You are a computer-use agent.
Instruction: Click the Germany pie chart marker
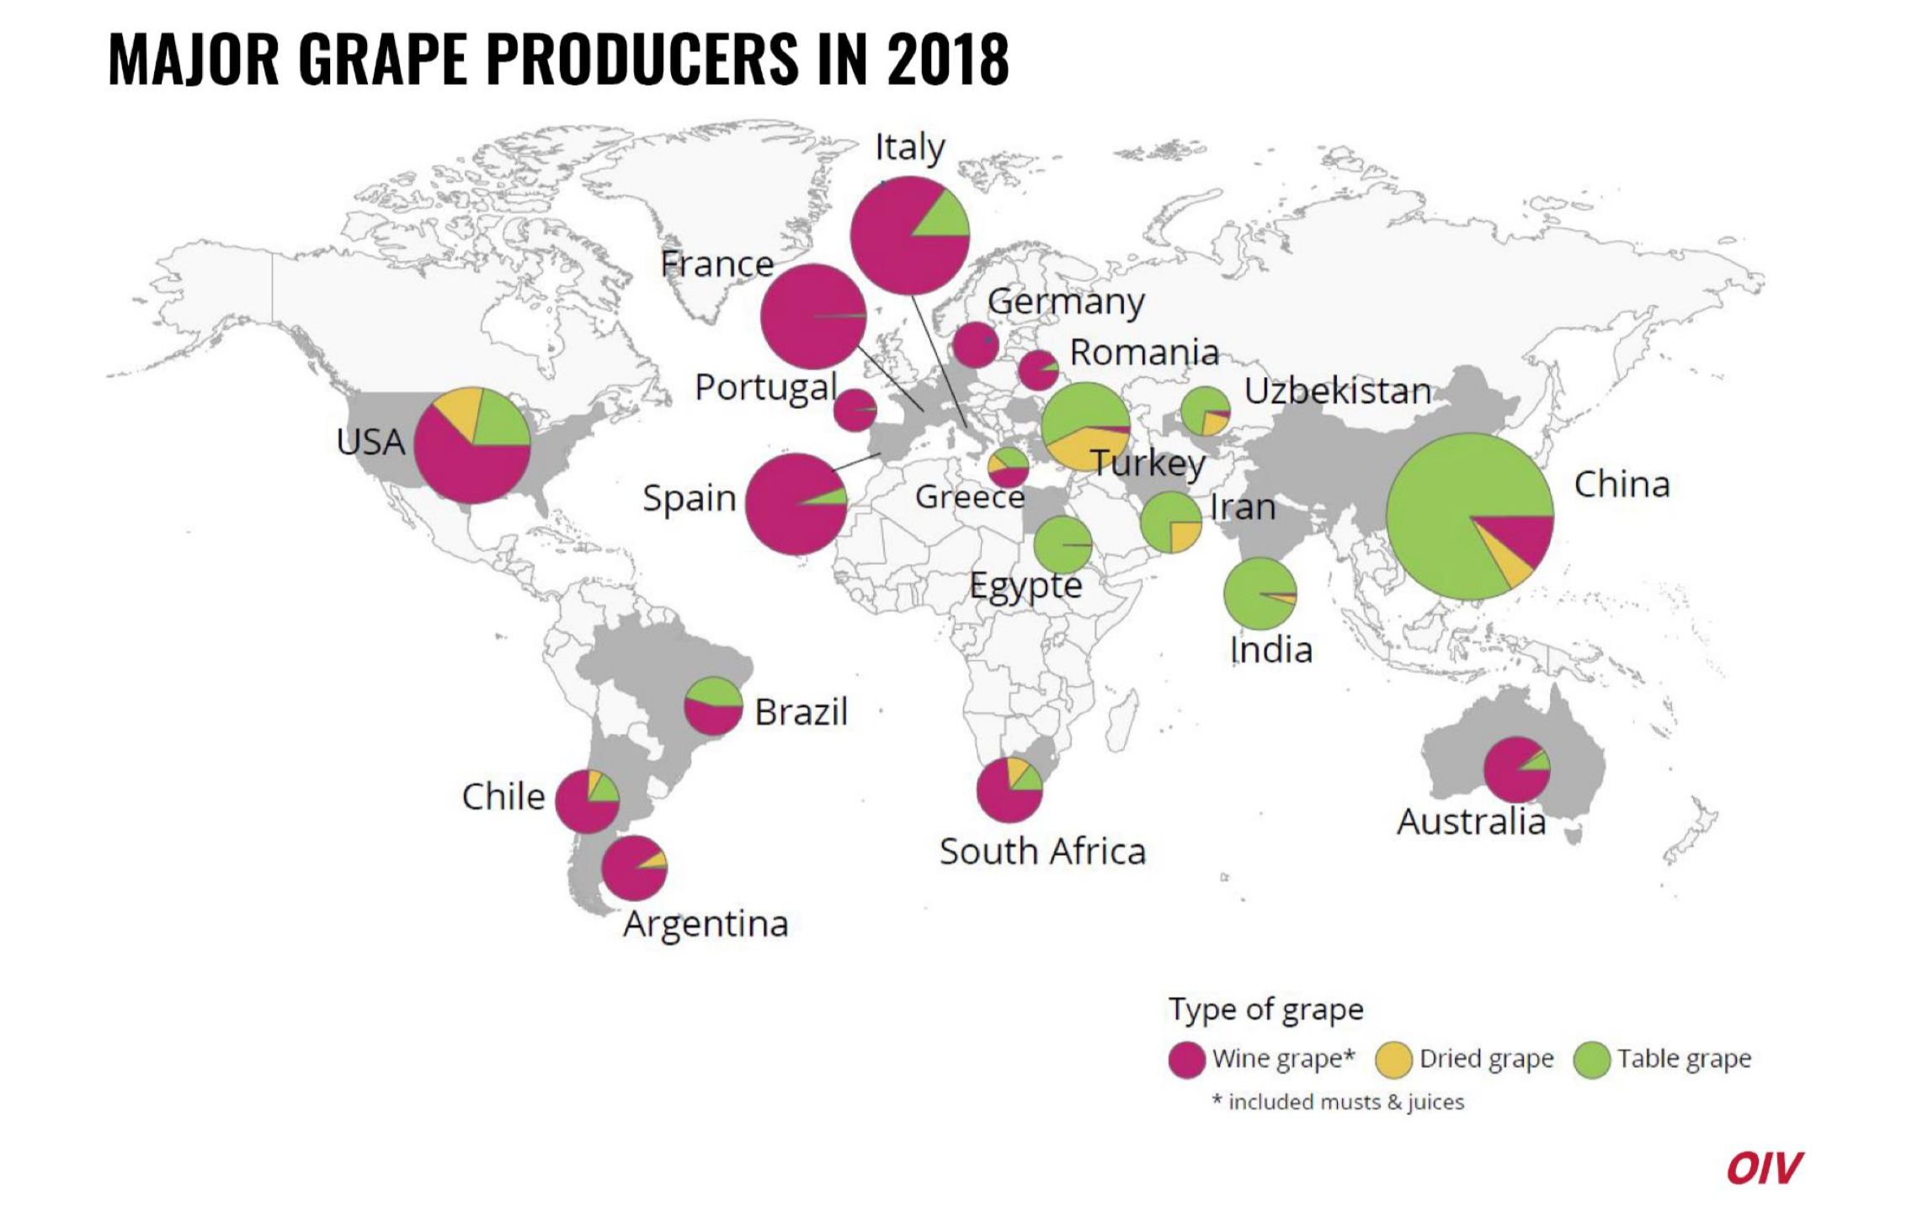[x=975, y=344]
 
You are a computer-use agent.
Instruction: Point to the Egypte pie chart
[x=1062, y=545]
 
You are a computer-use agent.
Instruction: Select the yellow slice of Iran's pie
[x=1184, y=535]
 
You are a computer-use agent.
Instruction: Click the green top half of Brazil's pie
[x=713, y=691]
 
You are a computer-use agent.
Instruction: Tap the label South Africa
[x=1042, y=852]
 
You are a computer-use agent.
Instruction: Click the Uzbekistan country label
[x=1337, y=391]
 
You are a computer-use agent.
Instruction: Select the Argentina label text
[x=706, y=924]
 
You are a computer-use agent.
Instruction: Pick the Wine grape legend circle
[x=1186, y=1060]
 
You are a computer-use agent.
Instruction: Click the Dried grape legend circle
[x=1393, y=1060]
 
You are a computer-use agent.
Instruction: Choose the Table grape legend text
[x=1683, y=1059]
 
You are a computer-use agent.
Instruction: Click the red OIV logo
[x=1763, y=1168]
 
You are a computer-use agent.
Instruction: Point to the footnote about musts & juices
[x=1339, y=1102]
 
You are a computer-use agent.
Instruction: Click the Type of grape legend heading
[x=1265, y=1009]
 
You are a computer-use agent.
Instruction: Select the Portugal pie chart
[x=855, y=410]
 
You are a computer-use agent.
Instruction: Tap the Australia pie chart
[x=1515, y=769]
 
